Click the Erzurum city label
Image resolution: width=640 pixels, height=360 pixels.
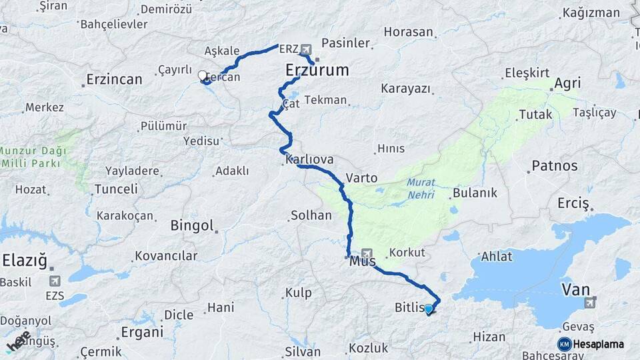point(317,71)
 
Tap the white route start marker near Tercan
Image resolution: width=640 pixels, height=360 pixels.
point(203,75)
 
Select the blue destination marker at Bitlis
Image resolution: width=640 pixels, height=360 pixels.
point(428,309)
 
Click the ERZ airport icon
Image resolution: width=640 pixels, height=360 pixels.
point(306,49)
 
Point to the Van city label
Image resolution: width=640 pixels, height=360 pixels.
point(576,289)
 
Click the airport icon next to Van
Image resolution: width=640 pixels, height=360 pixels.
point(589,303)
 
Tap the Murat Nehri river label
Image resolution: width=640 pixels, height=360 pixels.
point(420,188)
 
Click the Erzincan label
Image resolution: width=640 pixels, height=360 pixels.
point(114,79)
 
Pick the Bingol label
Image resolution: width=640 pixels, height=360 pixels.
point(191,225)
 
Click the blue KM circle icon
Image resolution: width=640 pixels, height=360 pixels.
point(564,344)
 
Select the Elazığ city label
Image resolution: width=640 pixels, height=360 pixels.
point(25,261)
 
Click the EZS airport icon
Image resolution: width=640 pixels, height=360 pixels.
point(53,281)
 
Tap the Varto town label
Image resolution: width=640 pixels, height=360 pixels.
point(361,178)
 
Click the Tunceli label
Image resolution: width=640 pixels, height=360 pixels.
point(116,189)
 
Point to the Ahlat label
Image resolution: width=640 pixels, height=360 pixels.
point(497,257)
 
